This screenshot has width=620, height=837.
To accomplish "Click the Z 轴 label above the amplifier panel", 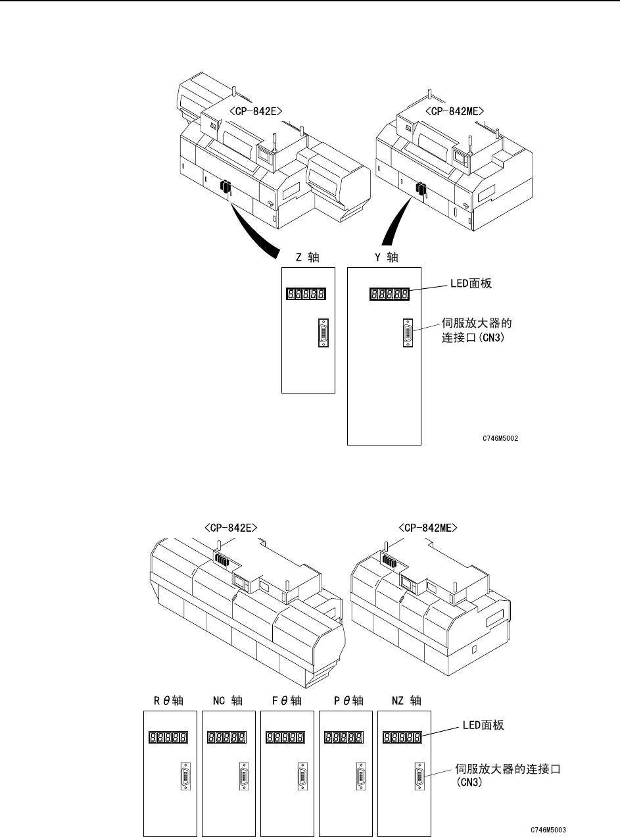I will tap(307, 258).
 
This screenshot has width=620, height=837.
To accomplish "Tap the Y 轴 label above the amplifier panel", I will tap(386, 258).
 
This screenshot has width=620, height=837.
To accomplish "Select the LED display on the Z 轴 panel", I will tap(307, 295).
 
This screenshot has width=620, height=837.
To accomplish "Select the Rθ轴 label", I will tap(170, 701).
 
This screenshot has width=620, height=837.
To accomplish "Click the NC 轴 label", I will tap(227, 701).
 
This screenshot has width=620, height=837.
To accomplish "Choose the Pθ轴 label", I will tap(342, 701).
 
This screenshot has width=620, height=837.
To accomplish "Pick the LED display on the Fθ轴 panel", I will tap(285, 738).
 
